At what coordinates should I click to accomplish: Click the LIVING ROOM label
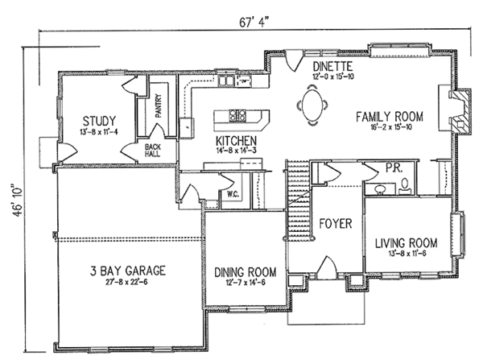(x=406, y=242)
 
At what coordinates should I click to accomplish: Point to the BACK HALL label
(x=152, y=152)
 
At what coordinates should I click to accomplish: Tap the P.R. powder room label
(x=393, y=168)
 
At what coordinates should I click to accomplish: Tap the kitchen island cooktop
(x=238, y=115)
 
